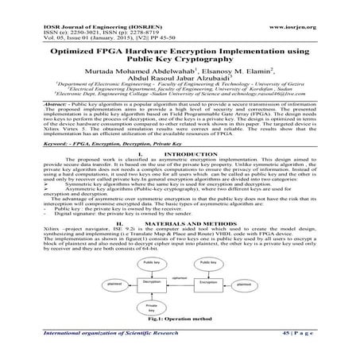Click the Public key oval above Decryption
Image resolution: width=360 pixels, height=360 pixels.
pos(131,261)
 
